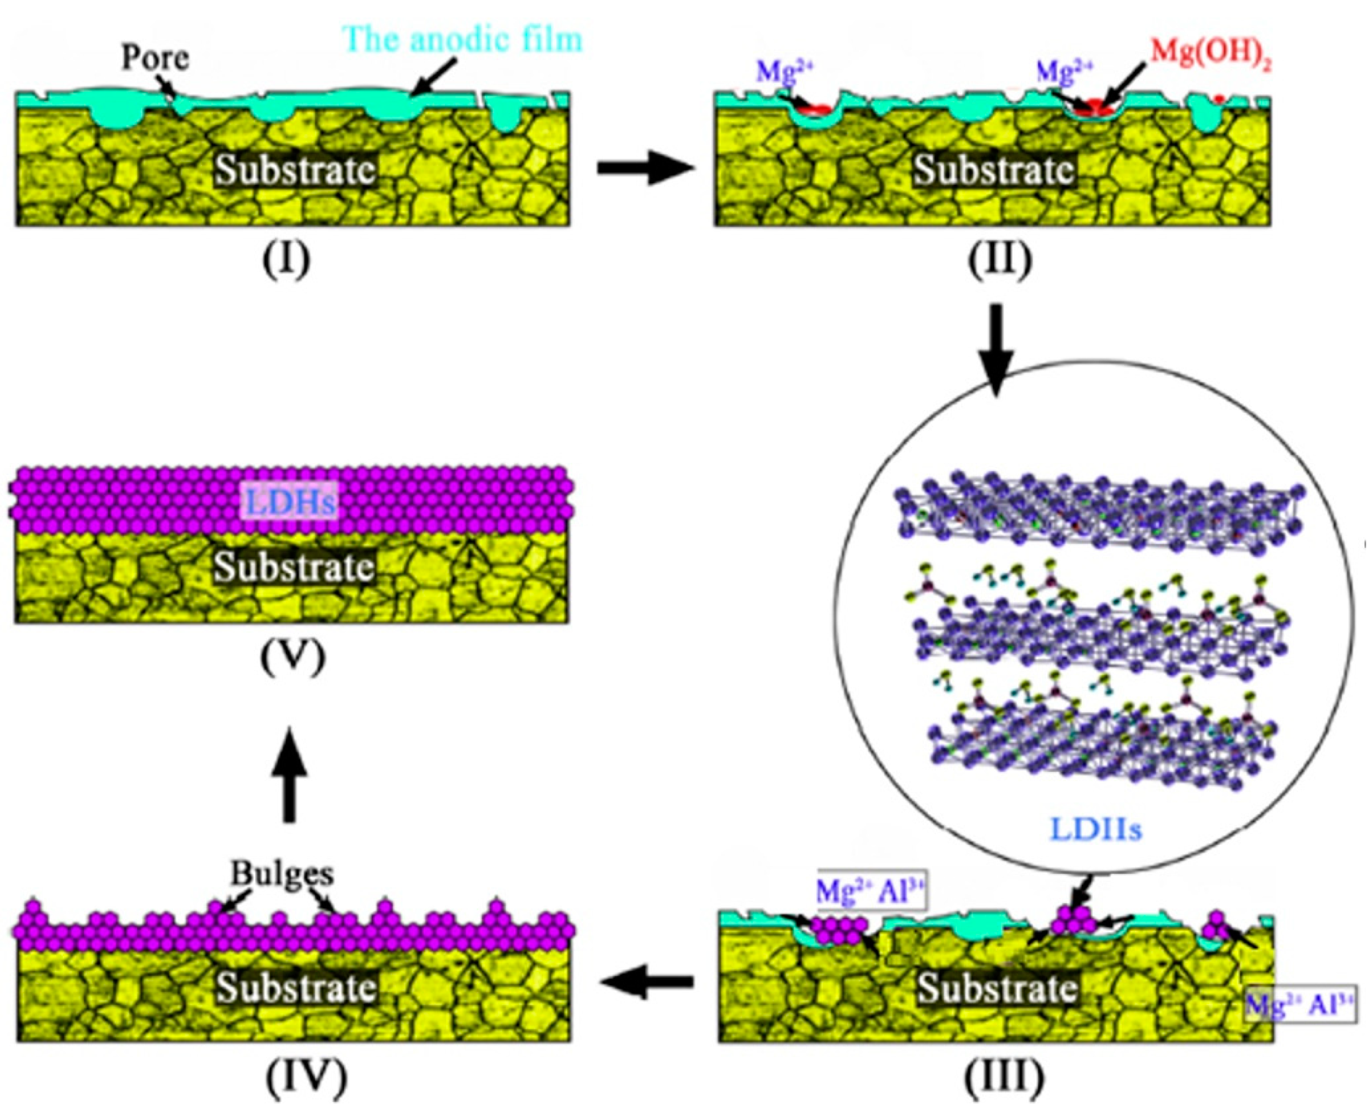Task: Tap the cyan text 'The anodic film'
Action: pyautogui.click(x=464, y=38)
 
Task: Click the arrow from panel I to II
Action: pyautogui.click(x=646, y=169)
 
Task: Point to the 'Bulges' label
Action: pyautogui.click(x=283, y=874)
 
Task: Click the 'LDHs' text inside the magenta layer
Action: pyautogui.click(x=291, y=502)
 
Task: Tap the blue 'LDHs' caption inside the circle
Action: pyautogui.click(x=1095, y=829)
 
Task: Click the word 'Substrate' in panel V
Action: pyautogui.click(x=295, y=567)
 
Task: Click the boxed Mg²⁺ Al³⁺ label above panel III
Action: pyautogui.click(x=870, y=891)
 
